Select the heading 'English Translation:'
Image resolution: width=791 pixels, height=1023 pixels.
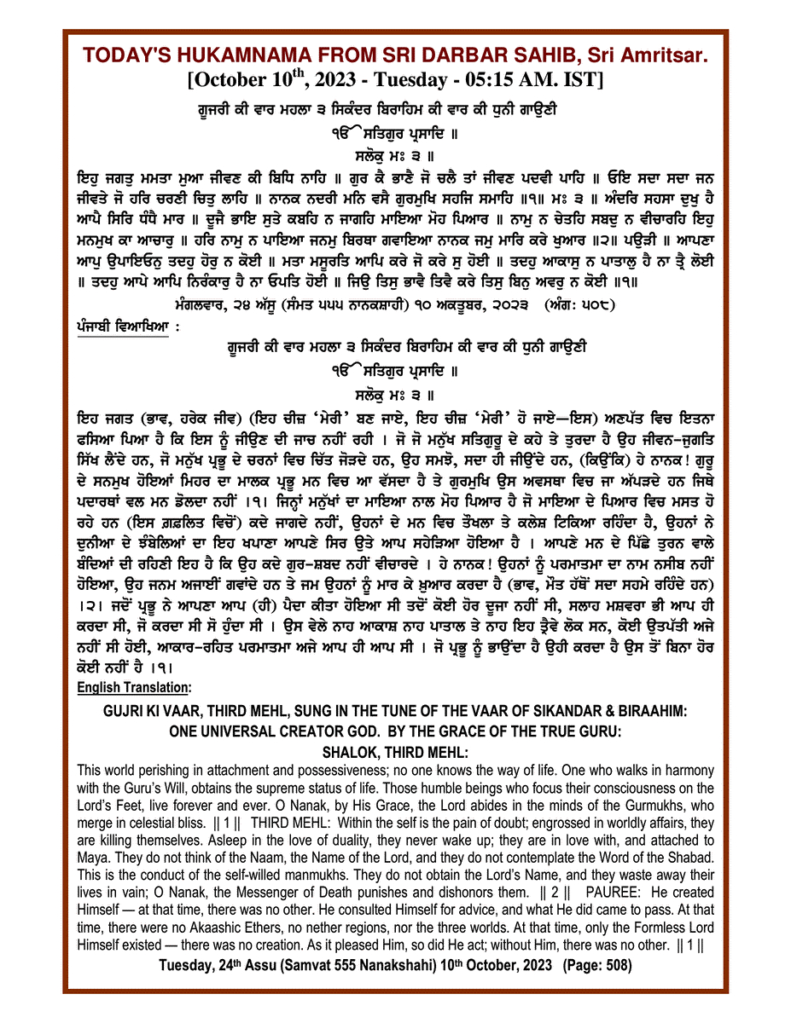134,687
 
